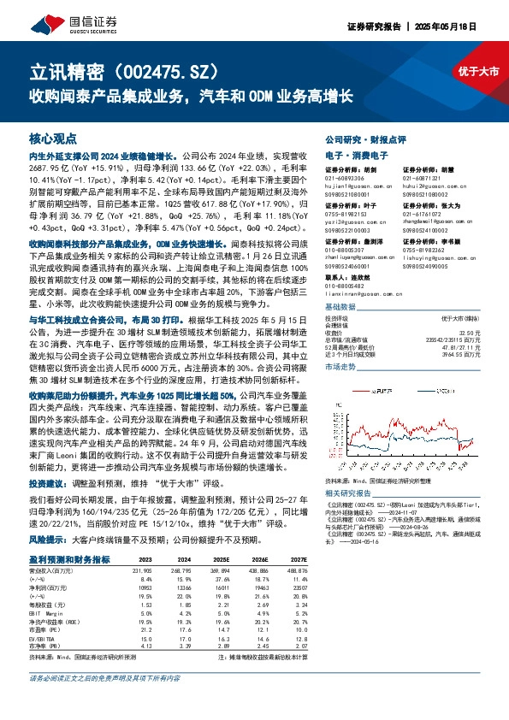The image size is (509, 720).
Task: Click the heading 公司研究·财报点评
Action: click(364, 139)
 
